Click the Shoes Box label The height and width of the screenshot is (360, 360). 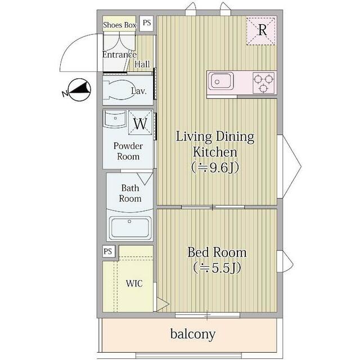pos(120,25)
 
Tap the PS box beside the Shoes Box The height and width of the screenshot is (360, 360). pos(147,23)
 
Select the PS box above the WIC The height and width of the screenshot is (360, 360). pos(109,251)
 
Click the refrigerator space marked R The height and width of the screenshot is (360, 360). pos(261,31)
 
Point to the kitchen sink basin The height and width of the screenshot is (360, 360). pos(221,82)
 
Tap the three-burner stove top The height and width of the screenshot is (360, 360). pos(263,83)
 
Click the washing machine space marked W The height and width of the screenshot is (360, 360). pos(140,123)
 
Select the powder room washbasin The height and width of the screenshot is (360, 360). pos(115,119)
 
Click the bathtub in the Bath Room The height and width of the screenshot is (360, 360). pos(130,228)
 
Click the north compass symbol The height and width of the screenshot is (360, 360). pos(80,90)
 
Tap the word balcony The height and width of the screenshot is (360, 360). pos(193,334)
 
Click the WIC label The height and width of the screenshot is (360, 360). pos(134,283)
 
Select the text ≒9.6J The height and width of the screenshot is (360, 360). pos(215,168)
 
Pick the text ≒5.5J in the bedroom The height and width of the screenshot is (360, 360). pos(217,268)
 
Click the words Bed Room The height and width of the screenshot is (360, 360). pos(217,253)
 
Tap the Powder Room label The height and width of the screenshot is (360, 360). pos(128,151)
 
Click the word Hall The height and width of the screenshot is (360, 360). pos(142,64)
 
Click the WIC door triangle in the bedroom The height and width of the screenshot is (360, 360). pos(163,305)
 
